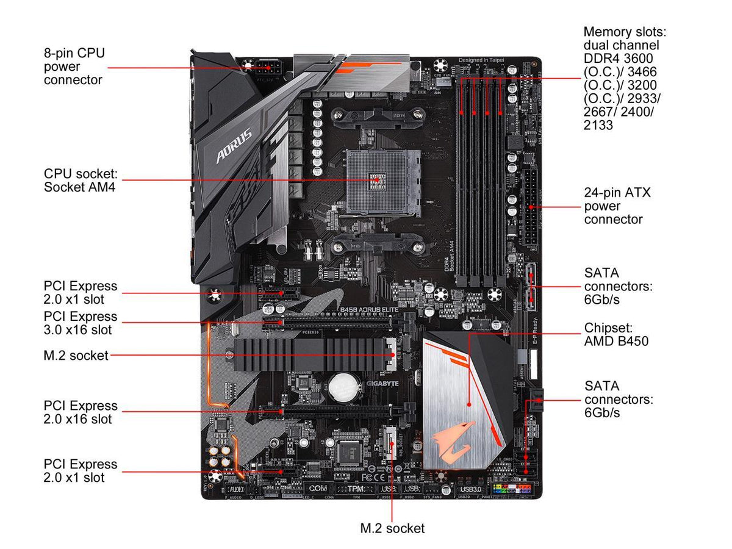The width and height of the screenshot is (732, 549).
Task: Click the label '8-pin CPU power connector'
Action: click(74, 66)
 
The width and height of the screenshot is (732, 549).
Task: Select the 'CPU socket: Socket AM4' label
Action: click(79, 180)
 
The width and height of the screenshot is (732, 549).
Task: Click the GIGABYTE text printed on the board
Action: click(382, 384)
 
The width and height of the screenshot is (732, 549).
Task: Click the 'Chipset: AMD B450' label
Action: click(616, 335)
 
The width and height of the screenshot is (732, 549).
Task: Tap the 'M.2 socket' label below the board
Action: click(392, 528)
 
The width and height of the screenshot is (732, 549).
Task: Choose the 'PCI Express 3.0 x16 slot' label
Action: click(81, 323)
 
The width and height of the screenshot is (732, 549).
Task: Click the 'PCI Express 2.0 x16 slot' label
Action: click(81, 412)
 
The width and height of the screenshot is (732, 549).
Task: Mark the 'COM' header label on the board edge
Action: click(317, 489)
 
